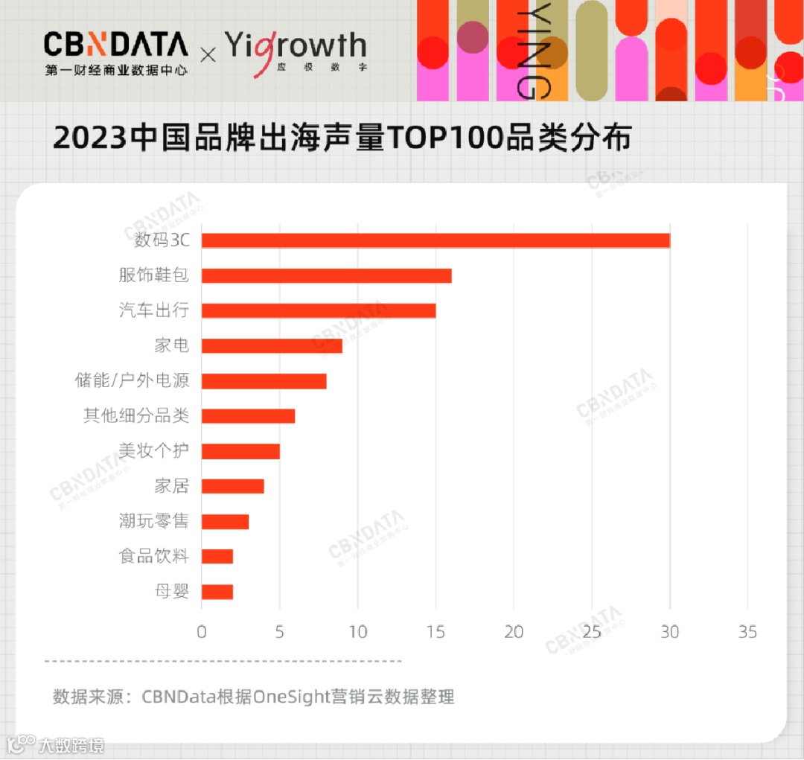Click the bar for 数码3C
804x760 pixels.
tap(435, 240)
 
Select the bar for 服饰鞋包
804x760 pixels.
tap(326, 275)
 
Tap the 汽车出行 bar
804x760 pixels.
tap(319, 310)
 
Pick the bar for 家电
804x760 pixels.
tap(272, 345)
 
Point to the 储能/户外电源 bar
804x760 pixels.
tap(264, 380)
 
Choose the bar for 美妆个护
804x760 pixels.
tap(240, 451)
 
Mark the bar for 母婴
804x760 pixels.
tap(217, 592)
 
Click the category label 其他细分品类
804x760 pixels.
tap(136, 415)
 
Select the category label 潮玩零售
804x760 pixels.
tap(154, 521)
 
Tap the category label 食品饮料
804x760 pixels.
tap(154, 556)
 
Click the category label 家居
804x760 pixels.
tap(172, 486)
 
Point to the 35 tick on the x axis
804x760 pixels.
tap(747, 632)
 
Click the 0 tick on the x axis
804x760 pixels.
tap(202, 632)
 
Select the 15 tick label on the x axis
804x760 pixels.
tap(435, 632)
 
